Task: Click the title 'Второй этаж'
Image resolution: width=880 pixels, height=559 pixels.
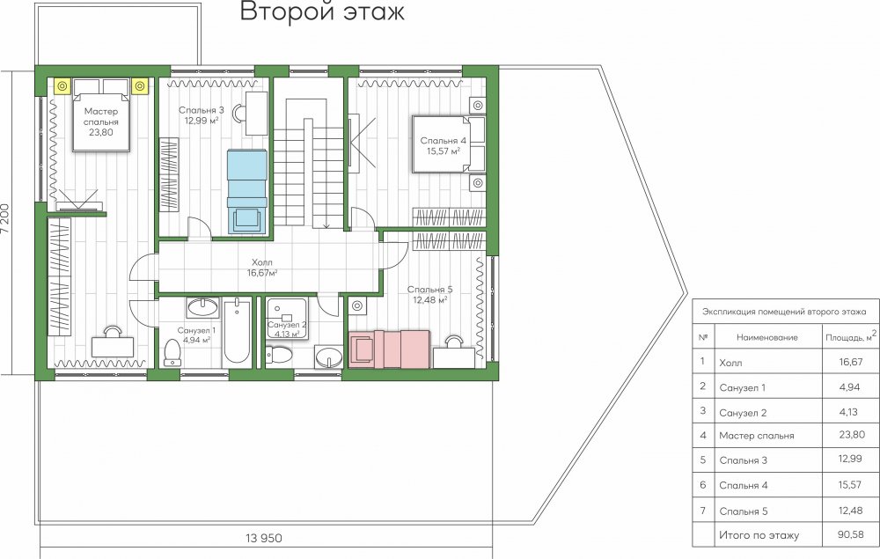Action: (x=322, y=11)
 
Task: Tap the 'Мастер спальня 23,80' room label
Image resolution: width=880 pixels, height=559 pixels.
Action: (x=101, y=121)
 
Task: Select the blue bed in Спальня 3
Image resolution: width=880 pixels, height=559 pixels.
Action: (x=246, y=191)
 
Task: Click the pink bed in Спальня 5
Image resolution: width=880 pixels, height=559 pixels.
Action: (x=389, y=349)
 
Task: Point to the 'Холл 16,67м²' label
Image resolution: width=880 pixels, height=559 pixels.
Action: (x=262, y=268)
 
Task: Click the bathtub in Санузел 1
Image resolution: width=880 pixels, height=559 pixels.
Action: (x=237, y=331)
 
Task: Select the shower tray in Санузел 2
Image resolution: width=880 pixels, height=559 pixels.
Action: (x=286, y=318)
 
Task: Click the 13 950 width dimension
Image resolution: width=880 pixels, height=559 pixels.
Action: (x=264, y=538)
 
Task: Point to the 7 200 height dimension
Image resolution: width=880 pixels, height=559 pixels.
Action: (x=5, y=222)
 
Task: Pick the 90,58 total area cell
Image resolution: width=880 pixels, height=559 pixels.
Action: (x=850, y=533)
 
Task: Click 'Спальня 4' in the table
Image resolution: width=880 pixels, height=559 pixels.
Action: (x=743, y=485)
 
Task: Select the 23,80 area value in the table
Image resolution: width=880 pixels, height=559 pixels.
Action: (x=851, y=434)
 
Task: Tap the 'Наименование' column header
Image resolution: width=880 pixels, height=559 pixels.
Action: (x=766, y=337)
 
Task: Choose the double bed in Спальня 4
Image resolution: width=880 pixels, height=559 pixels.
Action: (x=449, y=143)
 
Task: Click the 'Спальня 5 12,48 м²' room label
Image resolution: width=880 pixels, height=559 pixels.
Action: (x=430, y=295)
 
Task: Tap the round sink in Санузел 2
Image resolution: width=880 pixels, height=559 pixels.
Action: (x=329, y=357)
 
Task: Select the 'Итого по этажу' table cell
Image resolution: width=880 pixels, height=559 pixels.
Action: (x=759, y=535)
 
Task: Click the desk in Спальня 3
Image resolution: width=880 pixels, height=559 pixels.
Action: (x=256, y=114)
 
